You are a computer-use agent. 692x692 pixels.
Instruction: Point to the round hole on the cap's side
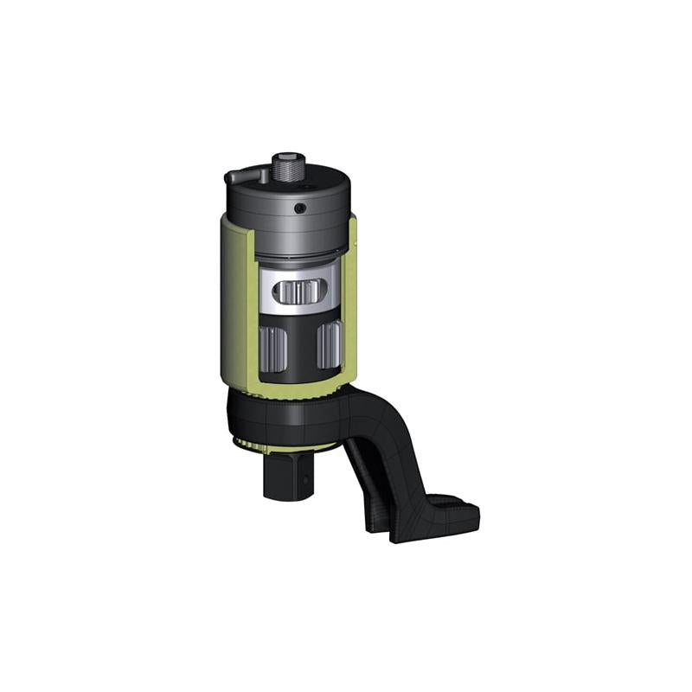click(x=298, y=208)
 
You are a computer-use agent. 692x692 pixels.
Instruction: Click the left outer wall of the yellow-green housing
click(x=229, y=303)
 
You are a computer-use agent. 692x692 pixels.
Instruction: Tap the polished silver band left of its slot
click(x=271, y=290)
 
